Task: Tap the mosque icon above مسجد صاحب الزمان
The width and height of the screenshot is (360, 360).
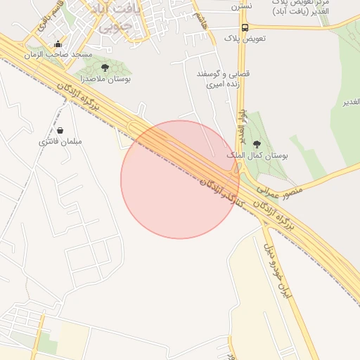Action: click(58, 44)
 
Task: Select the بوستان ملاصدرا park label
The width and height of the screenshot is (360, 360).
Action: click(105, 79)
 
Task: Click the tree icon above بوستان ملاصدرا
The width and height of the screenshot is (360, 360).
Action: click(105, 67)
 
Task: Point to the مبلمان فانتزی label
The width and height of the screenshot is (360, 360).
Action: click(60, 141)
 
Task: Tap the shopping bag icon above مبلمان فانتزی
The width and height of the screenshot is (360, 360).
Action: click(60, 130)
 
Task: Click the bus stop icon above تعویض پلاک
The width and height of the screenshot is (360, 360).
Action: click(245, 28)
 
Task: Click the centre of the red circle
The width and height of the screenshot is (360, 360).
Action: click(180, 179)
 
